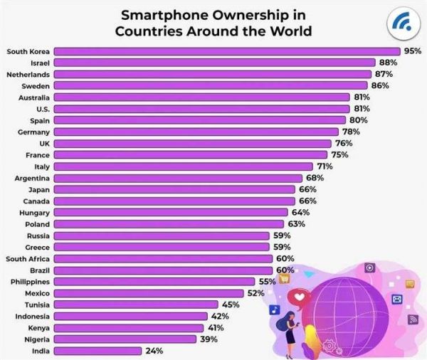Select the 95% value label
pos(413,51)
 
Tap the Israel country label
pos(36,63)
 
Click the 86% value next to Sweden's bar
pos(381,85)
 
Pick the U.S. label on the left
pos(41,108)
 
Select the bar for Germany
pos(196,132)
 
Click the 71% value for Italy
pos(315,166)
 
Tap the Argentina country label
pos(32,177)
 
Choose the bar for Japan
pos(174,189)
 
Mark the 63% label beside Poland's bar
pos(297,223)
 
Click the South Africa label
pos(28,258)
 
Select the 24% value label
pos(154,351)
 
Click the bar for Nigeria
pos(125,339)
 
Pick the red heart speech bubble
pos(300,297)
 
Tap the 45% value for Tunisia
pos(230,305)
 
